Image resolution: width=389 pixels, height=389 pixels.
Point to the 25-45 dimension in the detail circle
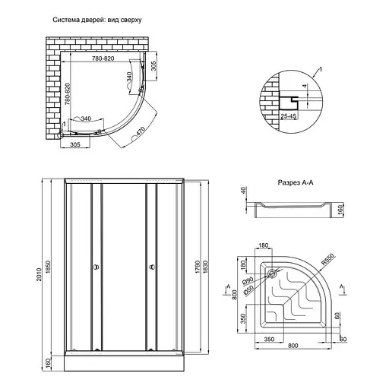(288, 116)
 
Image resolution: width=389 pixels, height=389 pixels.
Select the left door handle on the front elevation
(95, 267)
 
